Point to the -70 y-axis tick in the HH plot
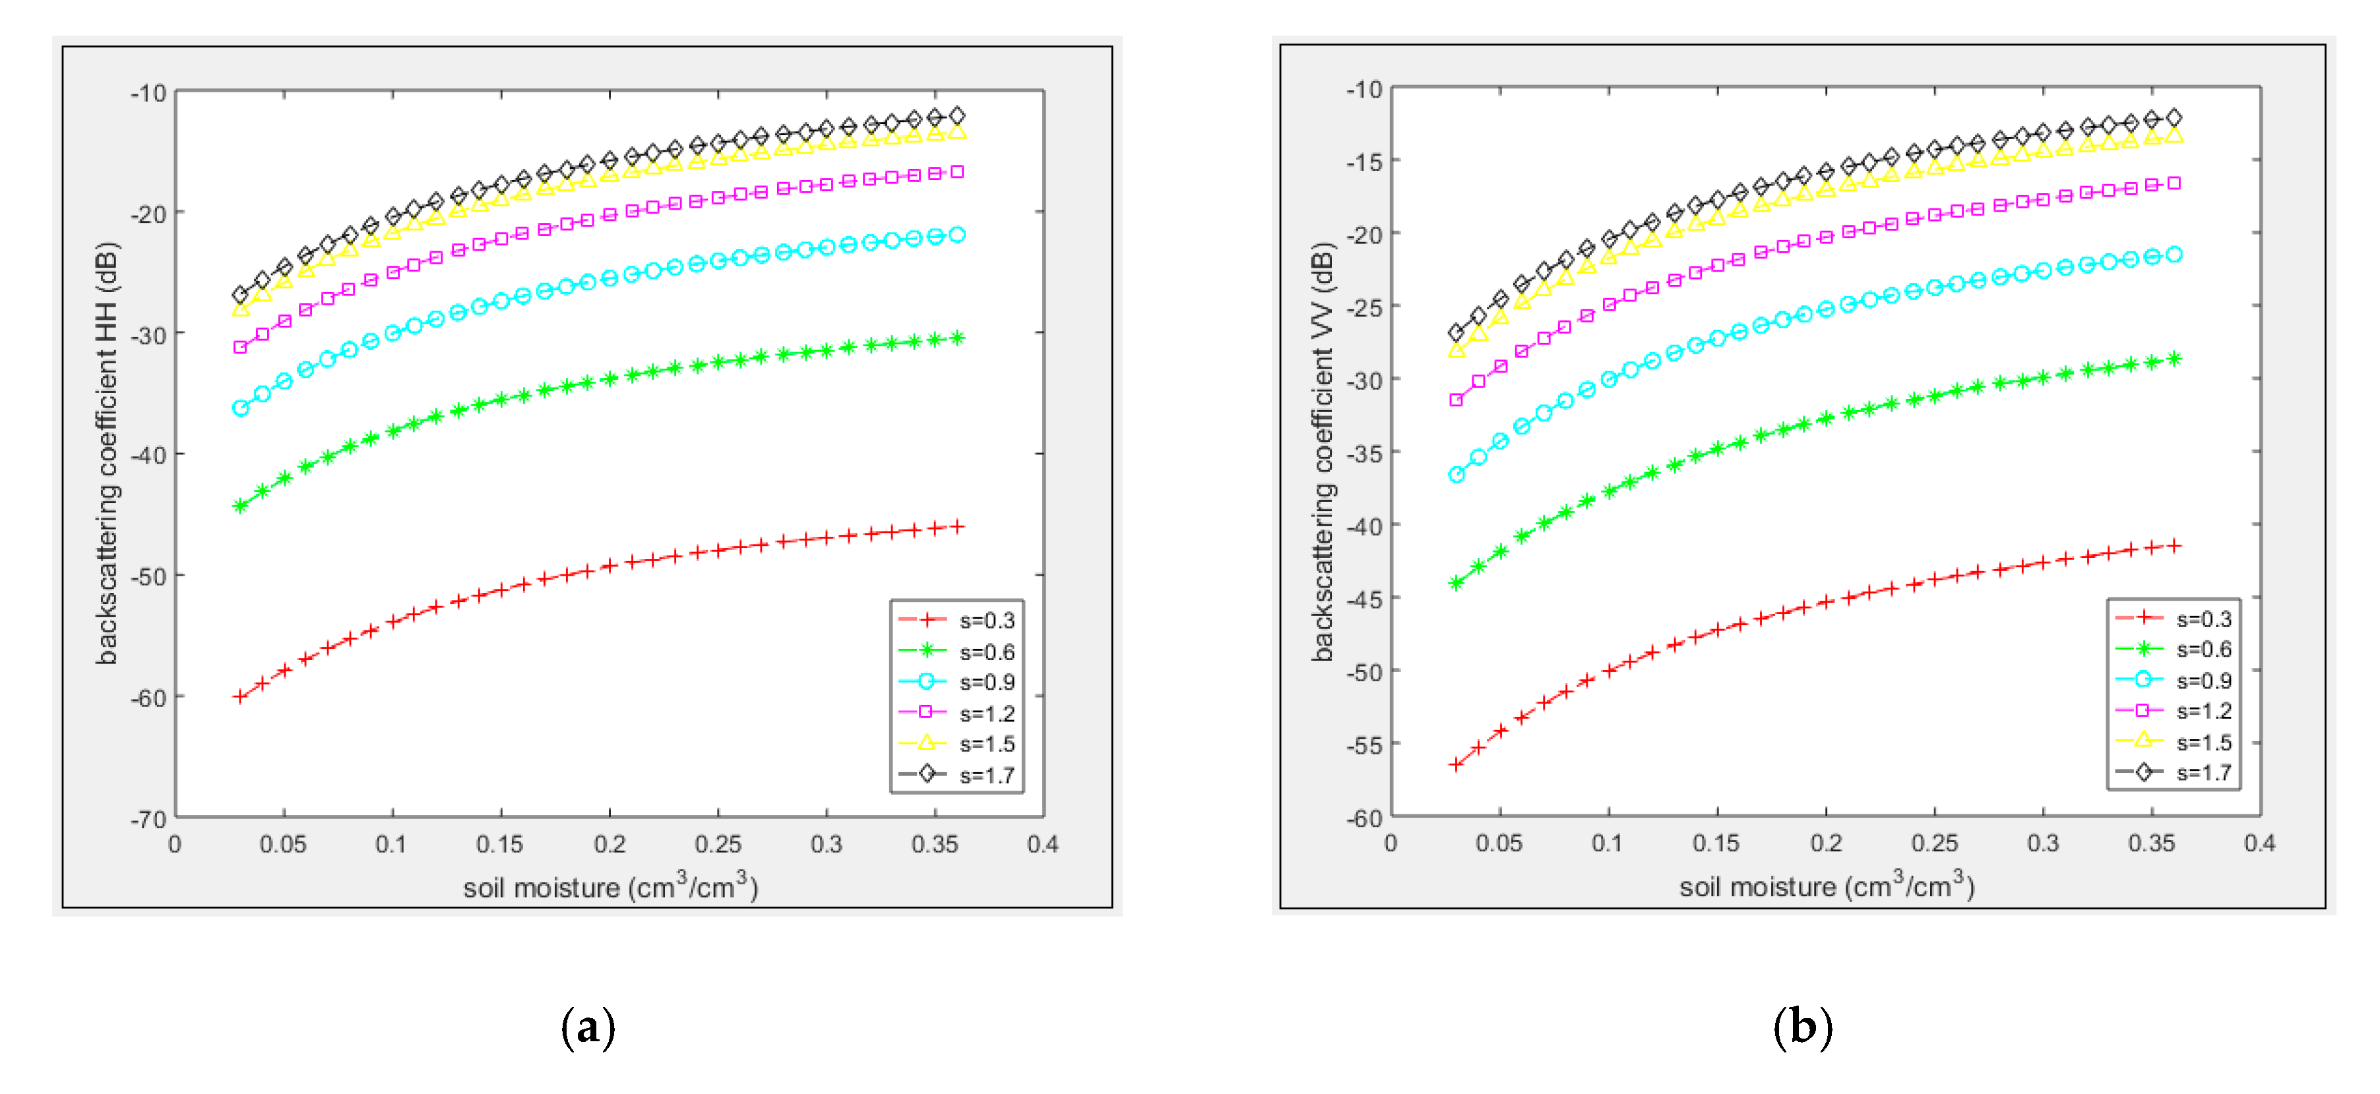(149, 818)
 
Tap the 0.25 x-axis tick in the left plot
(718, 843)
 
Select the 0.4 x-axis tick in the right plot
(2259, 843)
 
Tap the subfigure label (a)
(588, 1027)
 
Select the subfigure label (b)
(1803, 1027)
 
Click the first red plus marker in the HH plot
(240, 696)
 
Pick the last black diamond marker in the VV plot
(2174, 117)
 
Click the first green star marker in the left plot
(240, 505)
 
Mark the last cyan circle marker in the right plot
(2174, 254)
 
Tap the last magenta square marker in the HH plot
(957, 172)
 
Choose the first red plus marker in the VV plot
(1456, 764)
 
